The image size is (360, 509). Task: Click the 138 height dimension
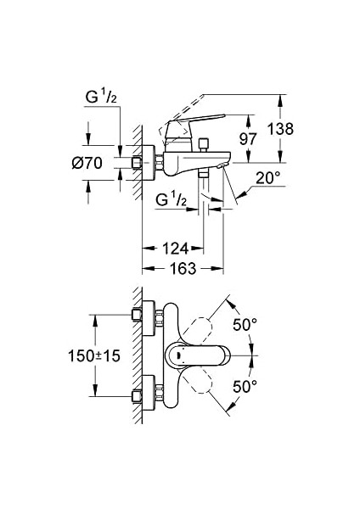click(x=280, y=129)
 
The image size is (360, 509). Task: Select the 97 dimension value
click(x=248, y=139)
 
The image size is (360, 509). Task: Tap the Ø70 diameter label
click(x=87, y=163)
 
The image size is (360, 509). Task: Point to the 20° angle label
click(x=267, y=178)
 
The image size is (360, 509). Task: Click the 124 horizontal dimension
click(x=176, y=249)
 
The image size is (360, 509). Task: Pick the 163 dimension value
click(x=183, y=268)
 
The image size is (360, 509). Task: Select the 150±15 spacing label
click(x=94, y=355)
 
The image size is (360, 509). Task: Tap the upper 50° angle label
click(x=245, y=324)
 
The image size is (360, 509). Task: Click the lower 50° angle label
click(x=245, y=386)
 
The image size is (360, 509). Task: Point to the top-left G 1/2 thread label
click(x=101, y=97)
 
